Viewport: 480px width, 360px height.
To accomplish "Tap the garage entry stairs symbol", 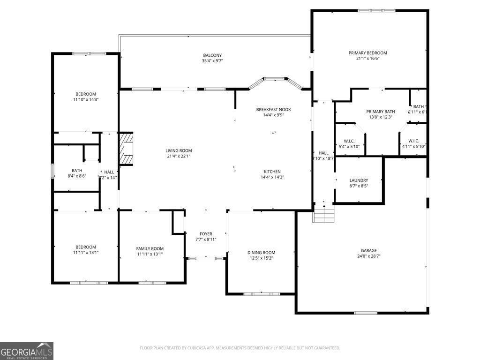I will click(x=324, y=214).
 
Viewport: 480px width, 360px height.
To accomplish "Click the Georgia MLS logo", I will click(x=27, y=351).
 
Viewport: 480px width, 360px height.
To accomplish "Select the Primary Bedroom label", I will click(x=367, y=53).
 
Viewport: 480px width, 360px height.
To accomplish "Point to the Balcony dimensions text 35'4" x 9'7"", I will click(x=212, y=61).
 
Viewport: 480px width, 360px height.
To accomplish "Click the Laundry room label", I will click(x=359, y=180).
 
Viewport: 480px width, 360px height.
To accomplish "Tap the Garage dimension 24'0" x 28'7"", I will click(x=368, y=256).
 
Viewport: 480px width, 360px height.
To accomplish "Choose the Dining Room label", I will click(x=261, y=253).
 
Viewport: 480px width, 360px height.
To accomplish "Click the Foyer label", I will click(x=206, y=234).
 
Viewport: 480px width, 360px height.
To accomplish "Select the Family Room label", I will click(x=150, y=248).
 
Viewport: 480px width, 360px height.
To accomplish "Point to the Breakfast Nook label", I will click(x=273, y=109).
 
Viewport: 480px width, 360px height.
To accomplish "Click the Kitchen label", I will click(x=272, y=172).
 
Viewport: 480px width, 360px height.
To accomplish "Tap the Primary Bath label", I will click(x=381, y=111).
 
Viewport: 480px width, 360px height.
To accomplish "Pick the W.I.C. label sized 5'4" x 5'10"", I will click(x=349, y=141).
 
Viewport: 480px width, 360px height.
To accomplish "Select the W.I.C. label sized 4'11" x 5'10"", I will click(x=413, y=141).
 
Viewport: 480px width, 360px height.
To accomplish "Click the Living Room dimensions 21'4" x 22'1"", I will click(x=178, y=156).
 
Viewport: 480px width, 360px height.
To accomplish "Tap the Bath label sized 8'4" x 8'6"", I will click(x=77, y=171).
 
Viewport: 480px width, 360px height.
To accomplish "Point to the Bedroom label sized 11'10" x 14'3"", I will click(x=85, y=94).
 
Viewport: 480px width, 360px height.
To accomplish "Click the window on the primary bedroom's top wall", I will click(x=376, y=10).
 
